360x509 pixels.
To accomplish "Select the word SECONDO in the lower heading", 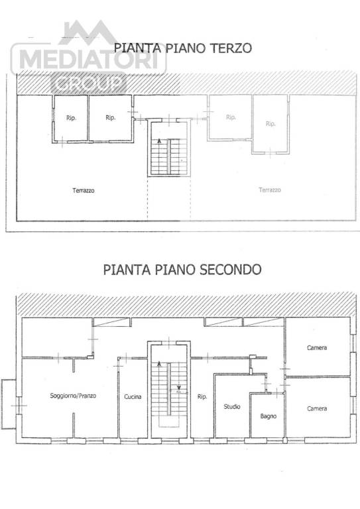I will pyautogui.click(x=233, y=270).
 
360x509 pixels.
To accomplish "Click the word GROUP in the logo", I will pyautogui.click(x=89, y=84).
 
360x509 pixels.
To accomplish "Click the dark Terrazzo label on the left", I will pyautogui.click(x=84, y=190).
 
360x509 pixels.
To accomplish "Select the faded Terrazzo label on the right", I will pyautogui.click(x=269, y=190).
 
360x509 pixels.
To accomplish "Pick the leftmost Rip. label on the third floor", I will pyautogui.click(x=71, y=118).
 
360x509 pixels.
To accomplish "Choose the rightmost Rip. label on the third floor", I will pyautogui.click(x=270, y=124).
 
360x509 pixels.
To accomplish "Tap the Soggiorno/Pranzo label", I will pyautogui.click(x=73, y=396).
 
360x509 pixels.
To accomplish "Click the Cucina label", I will pyautogui.click(x=132, y=397).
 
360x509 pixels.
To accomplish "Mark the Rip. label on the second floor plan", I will pyautogui.click(x=202, y=397).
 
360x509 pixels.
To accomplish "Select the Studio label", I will pyautogui.click(x=232, y=406).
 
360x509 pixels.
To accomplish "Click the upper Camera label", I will pyautogui.click(x=317, y=348).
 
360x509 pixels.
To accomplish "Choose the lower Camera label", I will pyautogui.click(x=317, y=408).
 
